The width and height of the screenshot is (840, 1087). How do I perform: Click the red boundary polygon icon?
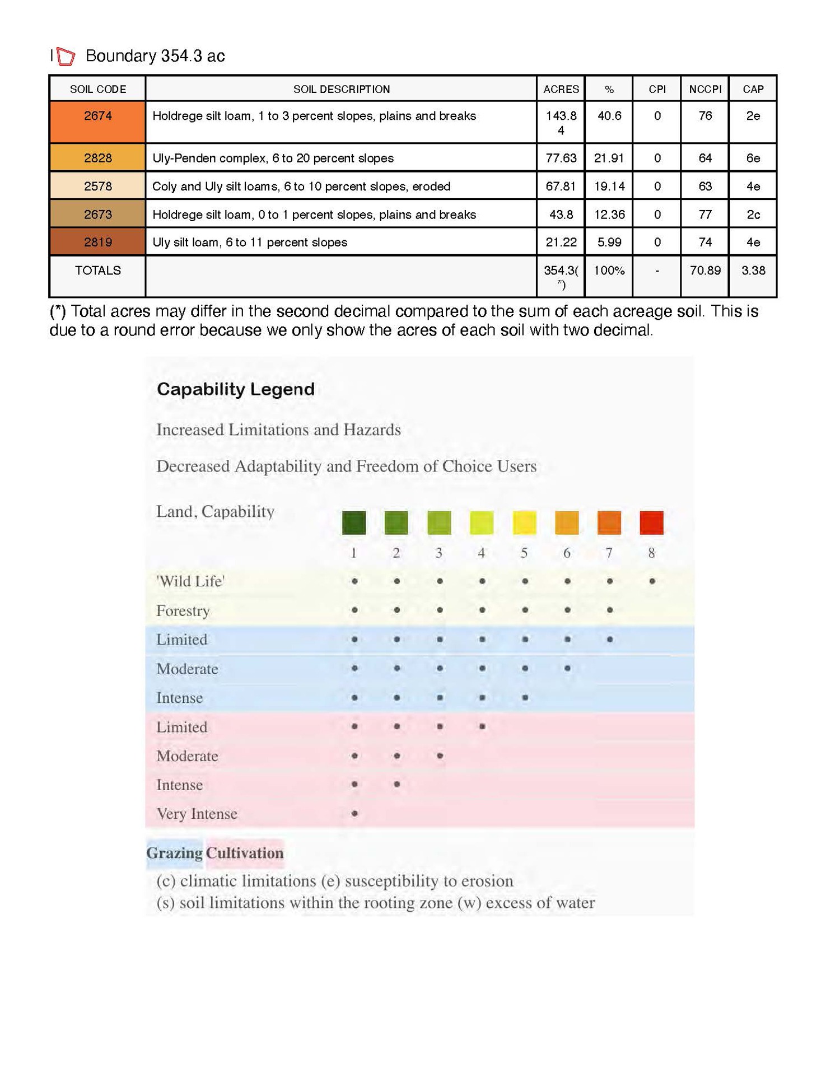(66, 57)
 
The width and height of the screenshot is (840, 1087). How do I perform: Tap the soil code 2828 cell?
(97, 158)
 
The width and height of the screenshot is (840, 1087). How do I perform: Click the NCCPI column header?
(705, 89)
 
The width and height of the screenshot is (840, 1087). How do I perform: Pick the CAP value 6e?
(753, 158)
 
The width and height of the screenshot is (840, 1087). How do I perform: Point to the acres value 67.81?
(561, 186)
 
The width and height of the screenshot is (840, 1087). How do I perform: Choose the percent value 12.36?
(609, 214)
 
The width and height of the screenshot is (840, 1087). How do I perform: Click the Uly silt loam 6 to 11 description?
(250, 242)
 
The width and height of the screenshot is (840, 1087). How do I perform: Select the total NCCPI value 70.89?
(705, 270)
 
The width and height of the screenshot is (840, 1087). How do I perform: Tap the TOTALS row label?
(97, 270)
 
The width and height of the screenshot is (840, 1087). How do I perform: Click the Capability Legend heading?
(235, 389)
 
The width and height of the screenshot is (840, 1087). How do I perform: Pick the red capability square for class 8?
(651, 522)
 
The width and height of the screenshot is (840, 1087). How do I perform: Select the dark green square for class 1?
(354, 522)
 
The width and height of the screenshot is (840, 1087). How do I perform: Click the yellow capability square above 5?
(525, 522)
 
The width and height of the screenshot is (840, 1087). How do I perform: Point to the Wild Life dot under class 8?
(652, 581)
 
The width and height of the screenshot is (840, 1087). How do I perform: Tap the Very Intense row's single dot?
(354, 813)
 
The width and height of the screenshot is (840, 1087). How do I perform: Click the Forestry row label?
(183, 610)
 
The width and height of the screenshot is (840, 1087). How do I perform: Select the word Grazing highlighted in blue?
(175, 853)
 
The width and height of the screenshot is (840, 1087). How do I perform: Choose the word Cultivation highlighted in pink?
(245, 853)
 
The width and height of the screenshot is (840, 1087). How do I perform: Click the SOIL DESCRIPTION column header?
(341, 89)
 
